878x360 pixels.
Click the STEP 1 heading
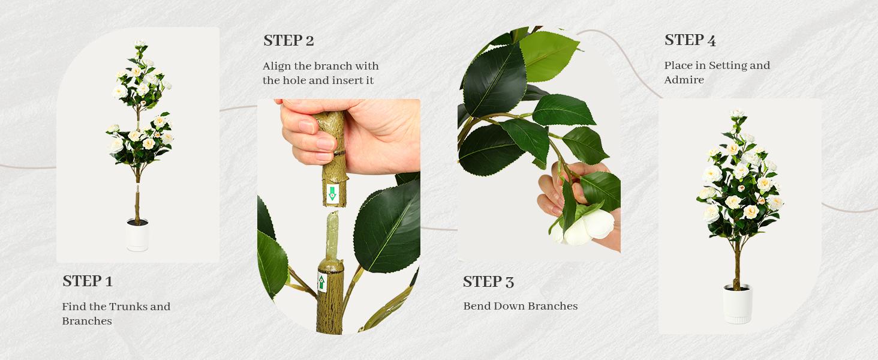point(88,281)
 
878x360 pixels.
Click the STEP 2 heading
point(288,41)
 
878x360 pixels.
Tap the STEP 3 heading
point(488,282)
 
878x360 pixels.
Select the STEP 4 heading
point(690,41)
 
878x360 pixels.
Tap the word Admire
point(684,80)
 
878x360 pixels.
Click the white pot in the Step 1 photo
point(137,236)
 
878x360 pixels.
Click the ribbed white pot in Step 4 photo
point(737,305)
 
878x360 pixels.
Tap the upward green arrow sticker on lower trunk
point(323,281)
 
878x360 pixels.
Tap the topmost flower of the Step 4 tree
point(737,113)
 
